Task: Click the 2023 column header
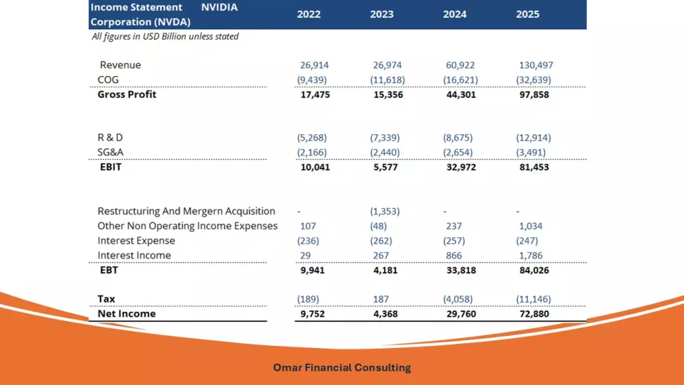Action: point(382,14)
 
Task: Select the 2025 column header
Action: point(528,14)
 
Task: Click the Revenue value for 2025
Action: point(536,66)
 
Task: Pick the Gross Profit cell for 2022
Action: point(315,94)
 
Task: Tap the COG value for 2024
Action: point(460,80)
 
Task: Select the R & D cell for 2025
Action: point(533,137)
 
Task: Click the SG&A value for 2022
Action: point(312,152)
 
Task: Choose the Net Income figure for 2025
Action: point(534,314)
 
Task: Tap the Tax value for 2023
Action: point(380,299)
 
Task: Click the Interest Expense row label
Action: point(136,241)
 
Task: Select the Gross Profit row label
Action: point(127,94)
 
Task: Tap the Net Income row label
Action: point(127,314)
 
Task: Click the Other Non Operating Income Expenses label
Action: point(187,226)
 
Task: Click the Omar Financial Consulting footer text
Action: point(342,368)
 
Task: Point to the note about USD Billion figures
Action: point(165,36)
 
